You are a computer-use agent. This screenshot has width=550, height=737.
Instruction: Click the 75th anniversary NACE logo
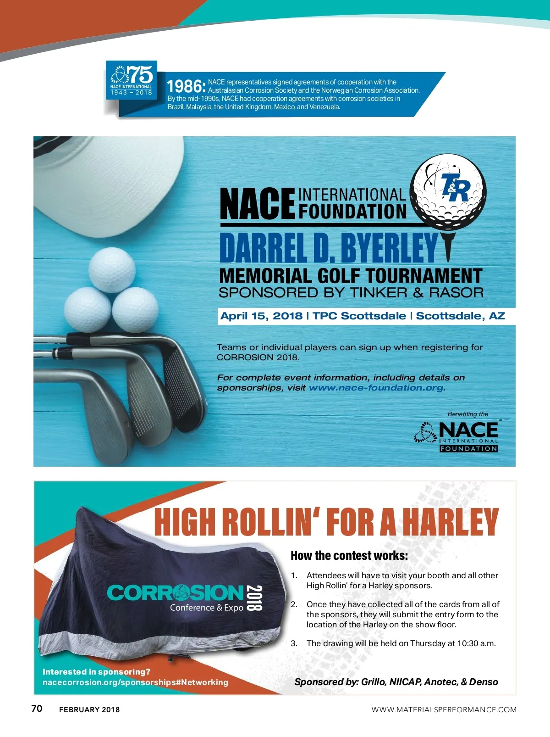point(132,80)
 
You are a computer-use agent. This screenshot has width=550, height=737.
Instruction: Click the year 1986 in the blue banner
point(185,87)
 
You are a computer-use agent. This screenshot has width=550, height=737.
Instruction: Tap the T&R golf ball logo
point(448,192)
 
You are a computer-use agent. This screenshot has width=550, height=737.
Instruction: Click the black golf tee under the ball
point(448,246)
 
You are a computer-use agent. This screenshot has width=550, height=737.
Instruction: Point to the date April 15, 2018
point(261,316)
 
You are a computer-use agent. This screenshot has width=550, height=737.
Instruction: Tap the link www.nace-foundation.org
point(376,388)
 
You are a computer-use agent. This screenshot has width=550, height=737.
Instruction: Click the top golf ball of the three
point(112,270)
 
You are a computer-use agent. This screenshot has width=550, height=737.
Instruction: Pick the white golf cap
point(110,184)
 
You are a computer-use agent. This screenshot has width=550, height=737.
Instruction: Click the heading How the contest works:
point(349,556)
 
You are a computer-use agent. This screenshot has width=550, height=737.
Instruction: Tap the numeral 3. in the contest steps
point(294,643)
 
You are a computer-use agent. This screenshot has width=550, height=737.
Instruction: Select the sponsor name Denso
point(484,682)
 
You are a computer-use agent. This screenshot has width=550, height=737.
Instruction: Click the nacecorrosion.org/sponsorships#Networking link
point(135,682)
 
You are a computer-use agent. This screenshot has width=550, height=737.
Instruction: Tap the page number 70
point(37,709)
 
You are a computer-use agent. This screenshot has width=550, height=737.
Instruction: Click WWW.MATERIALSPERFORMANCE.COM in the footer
point(444,709)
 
